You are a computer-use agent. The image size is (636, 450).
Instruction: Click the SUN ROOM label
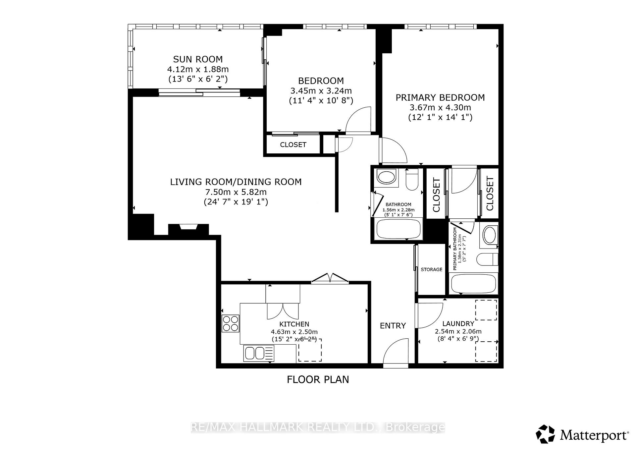(x=198, y=59)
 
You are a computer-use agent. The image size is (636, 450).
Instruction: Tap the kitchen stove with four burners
(x=231, y=323)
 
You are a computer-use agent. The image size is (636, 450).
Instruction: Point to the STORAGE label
(x=431, y=269)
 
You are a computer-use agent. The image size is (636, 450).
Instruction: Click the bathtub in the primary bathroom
(x=474, y=284)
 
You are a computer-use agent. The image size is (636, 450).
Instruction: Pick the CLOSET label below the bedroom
(x=293, y=144)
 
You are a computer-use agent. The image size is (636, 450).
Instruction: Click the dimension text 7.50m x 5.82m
(x=236, y=192)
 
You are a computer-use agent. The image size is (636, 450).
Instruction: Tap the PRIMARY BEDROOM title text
(x=440, y=97)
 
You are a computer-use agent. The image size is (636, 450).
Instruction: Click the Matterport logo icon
(x=545, y=434)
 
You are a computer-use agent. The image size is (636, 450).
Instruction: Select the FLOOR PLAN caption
(x=318, y=379)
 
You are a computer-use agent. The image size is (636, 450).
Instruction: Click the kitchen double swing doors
(x=330, y=278)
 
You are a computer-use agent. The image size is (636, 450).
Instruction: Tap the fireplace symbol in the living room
(x=188, y=228)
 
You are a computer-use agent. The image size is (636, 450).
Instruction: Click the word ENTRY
(x=393, y=326)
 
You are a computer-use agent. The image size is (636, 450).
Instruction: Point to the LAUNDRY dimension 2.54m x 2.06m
(x=458, y=331)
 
